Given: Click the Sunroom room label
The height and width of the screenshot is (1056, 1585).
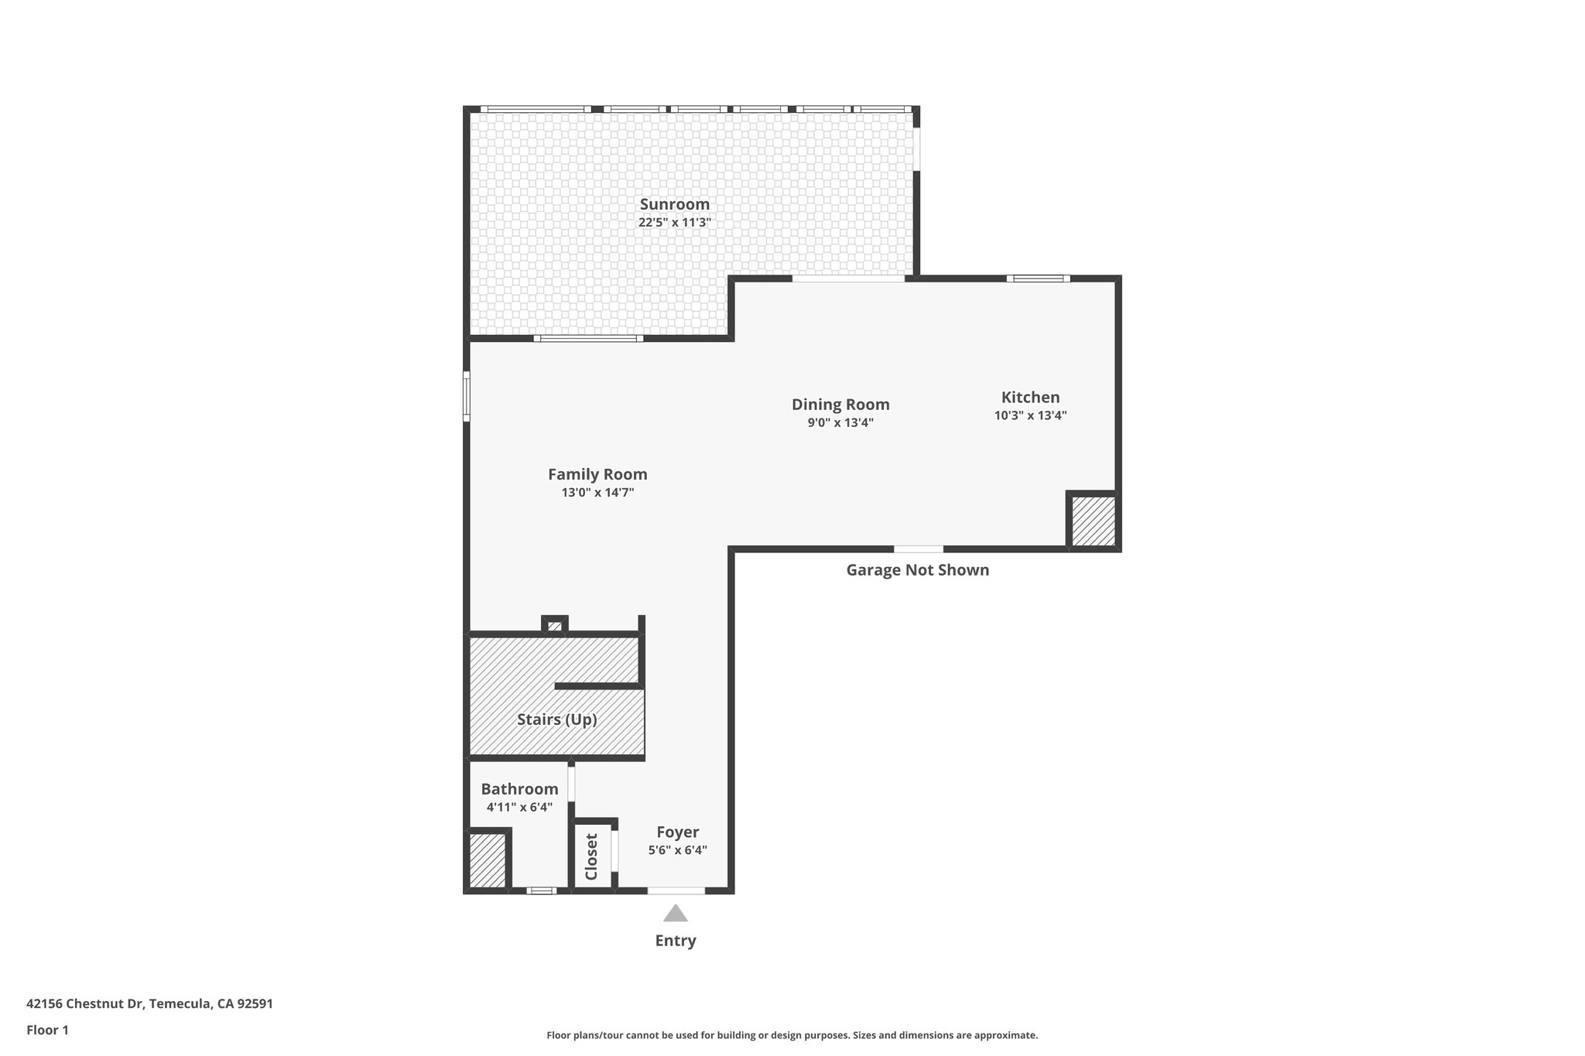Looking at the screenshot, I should click(x=674, y=204).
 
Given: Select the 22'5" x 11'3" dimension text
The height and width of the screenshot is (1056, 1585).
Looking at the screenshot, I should click(x=674, y=222).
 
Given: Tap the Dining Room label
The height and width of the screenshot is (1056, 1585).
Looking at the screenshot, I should click(x=840, y=405).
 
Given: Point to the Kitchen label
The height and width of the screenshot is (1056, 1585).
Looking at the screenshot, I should click(x=1030, y=397).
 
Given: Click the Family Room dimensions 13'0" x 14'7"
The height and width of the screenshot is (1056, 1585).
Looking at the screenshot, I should click(x=597, y=492).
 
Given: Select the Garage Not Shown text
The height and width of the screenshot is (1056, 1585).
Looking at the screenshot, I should click(x=917, y=570).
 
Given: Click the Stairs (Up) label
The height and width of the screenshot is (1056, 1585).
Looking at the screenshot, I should click(x=556, y=719).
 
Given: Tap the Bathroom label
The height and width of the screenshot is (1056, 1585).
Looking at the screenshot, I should click(x=519, y=789).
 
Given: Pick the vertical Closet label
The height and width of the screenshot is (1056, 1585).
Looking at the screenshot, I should click(x=591, y=856).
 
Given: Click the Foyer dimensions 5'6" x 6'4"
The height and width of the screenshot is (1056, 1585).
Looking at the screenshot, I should click(x=677, y=850).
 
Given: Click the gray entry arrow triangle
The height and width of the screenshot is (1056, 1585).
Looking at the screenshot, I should click(x=676, y=914).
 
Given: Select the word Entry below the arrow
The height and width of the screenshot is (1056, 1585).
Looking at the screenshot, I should click(x=676, y=941).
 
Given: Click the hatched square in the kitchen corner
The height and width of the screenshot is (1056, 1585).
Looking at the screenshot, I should click(x=1093, y=521).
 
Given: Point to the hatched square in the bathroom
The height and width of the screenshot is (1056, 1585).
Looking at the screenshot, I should click(x=488, y=859).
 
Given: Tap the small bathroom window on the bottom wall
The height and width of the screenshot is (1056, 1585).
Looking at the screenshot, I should click(x=541, y=890).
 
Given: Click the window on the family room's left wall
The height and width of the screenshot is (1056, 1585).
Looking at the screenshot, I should click(x=467, y=396).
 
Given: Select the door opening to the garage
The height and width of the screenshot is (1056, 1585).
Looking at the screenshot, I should click(x=919, y=549).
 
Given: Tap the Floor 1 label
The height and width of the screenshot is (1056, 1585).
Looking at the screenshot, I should click(x=48, y=1030).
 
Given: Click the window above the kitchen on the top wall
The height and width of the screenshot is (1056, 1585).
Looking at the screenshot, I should click(x=1038, y=279).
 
